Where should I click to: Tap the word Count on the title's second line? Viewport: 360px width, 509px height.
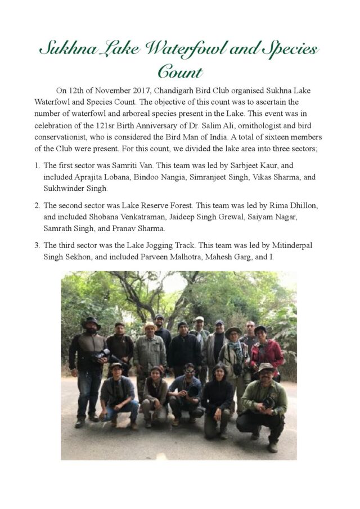pos(179,72)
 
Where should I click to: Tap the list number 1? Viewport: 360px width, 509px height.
pos(37,166)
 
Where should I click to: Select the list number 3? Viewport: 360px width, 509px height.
pos(37,245)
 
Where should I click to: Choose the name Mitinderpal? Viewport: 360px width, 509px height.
pos(292,245)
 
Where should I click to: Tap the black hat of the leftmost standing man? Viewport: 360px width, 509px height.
pos(91,321)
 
